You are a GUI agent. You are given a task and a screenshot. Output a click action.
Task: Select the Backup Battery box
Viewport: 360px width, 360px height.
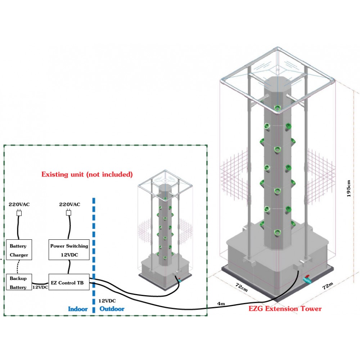[18, 283]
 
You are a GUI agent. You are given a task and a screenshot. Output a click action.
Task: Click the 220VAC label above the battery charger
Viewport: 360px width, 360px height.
[19, 204]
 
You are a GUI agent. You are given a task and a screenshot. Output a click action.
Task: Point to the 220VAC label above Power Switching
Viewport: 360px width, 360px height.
[69, 204]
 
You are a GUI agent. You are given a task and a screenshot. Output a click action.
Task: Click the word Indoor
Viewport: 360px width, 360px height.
[78, 309]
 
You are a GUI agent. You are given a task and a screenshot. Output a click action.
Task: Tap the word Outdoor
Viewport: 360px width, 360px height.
[112, 309]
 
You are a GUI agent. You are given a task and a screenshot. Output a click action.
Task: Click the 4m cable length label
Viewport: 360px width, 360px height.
[221, 304]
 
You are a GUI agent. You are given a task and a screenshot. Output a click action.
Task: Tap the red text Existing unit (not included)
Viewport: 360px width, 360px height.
[87, 175]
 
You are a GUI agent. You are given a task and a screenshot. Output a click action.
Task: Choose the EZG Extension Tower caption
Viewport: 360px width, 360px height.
[285, 309]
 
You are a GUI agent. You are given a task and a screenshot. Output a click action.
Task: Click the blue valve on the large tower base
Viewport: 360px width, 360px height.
[307, 279]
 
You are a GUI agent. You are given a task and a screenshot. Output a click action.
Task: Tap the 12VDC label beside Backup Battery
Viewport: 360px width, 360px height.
[40, 288]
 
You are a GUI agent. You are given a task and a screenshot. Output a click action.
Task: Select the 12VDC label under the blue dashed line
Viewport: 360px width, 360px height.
[107, 300]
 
